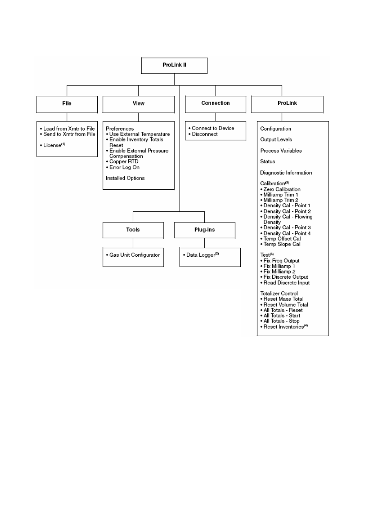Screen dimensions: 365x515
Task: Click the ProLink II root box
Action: [174, 66]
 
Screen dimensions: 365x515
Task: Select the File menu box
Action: [67, 104]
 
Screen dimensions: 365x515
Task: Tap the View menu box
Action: [139, 104]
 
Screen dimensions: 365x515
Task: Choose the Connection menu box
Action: [215, 104]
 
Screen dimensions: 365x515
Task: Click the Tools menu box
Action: [133, 230]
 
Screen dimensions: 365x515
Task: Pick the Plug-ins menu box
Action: [204, 230]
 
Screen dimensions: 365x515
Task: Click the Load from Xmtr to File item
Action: [69, 129]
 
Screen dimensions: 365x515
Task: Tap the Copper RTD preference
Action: [124, 162]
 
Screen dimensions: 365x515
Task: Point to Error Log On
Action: [124, 167]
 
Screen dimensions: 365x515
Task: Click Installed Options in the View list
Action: [125, 178]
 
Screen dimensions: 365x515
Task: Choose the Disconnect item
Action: [205, 134]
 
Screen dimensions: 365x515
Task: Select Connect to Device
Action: [213, 128]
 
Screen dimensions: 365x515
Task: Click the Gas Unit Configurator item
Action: [134, 255]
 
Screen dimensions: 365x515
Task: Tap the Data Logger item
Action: [202, 255]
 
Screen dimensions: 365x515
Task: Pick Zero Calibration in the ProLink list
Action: [282, 189]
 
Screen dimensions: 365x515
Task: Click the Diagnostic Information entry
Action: [286, 173]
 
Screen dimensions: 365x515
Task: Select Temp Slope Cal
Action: [282, 244]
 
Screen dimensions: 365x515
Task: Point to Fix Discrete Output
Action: [286, 277]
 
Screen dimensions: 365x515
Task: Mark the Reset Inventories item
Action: [286, 327]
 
